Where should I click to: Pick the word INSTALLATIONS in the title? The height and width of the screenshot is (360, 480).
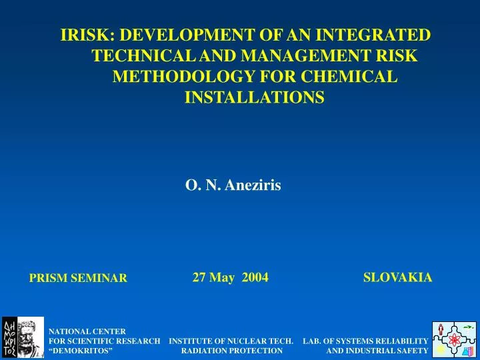coord(254,98)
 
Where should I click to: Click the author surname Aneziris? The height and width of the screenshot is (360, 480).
coord(253,186)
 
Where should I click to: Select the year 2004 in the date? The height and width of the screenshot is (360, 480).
coord(255,277)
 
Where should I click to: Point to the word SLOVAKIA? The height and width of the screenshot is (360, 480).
coord(397,277)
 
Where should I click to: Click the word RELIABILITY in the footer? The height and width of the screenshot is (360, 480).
coord(397,341)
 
